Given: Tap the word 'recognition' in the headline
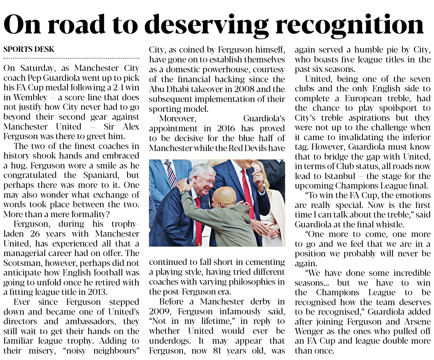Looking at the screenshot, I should click(x=349, y=25).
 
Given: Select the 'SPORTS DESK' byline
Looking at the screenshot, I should click(x=29, y=49).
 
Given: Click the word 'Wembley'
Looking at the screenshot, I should click(x=30, y=97).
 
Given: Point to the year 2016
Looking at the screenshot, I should click(x=226, y=129).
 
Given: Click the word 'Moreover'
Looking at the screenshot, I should click(x=177, y=119).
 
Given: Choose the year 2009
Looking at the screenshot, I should click(x=160, y=312).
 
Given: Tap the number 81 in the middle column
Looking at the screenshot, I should click(x=217, y=350).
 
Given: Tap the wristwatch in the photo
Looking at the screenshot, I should click(x=184, y=192).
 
